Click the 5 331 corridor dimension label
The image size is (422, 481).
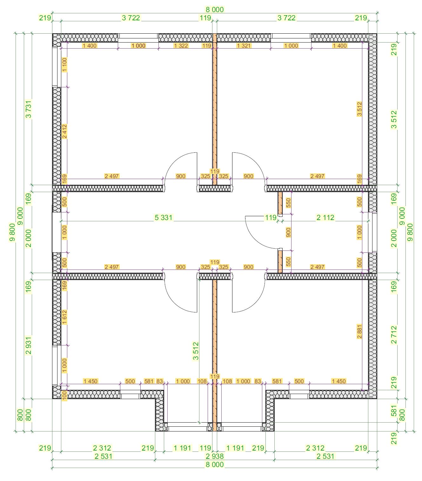coord(164,217)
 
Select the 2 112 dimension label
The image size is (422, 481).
coord(325,217)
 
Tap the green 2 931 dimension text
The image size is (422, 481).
coord(29,345)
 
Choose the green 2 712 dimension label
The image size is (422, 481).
coord(394,335)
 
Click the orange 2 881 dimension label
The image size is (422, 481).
coord(359,331)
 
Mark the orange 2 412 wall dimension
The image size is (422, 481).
coord(64,131)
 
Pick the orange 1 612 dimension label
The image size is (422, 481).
coord(64,317)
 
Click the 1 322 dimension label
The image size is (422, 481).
coord(181,46)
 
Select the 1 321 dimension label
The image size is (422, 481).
coord(244,46)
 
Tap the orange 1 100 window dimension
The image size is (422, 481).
coord(64,64)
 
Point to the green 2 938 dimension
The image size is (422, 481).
coord(214,456)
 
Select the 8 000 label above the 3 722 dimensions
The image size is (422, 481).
coord(214,10)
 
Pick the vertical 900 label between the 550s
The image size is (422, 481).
coord(288,232)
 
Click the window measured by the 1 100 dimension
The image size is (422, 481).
coord(57,67)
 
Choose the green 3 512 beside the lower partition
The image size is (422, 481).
coord(196,351)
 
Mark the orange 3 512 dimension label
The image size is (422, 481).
coord(359,109)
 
